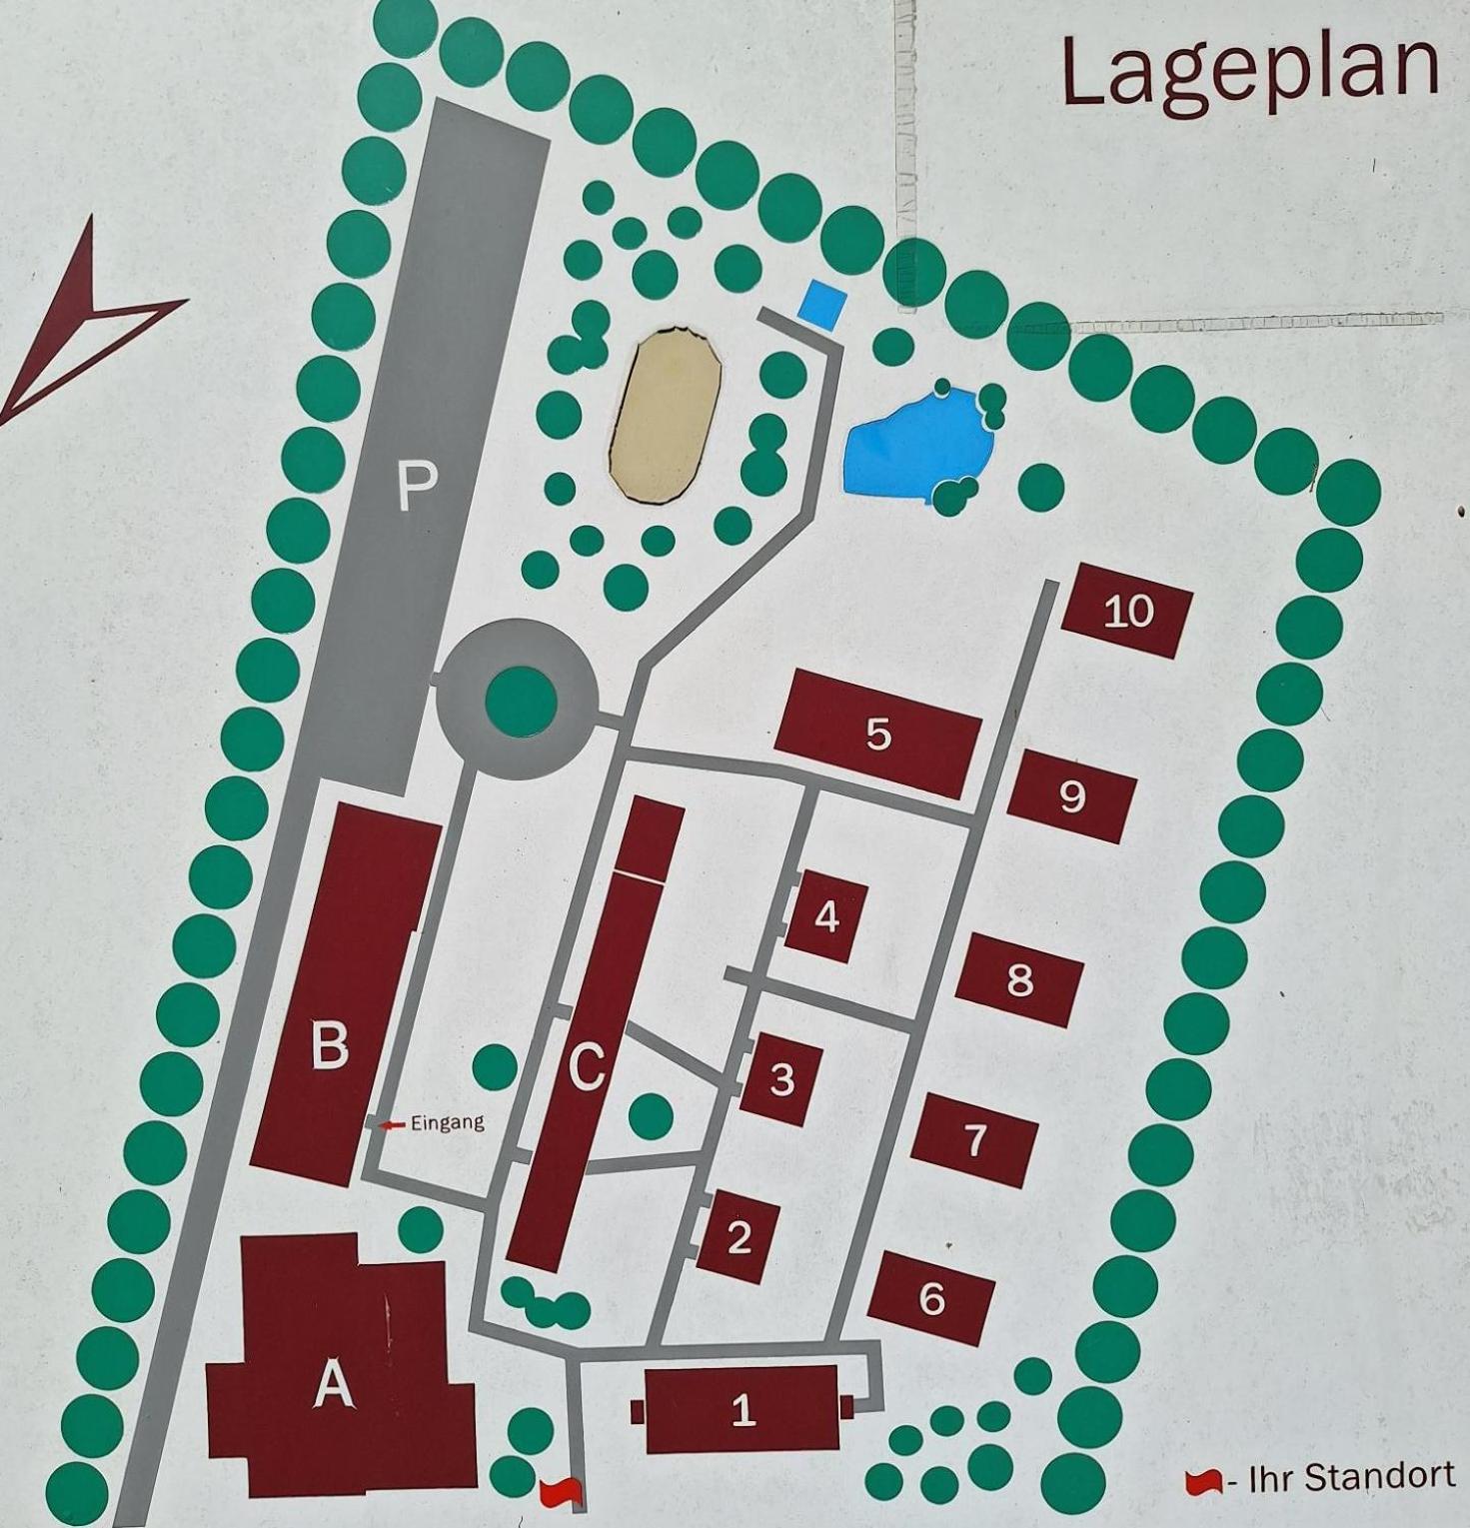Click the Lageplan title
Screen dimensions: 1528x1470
[1249, 72]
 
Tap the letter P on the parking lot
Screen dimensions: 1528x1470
[417, 487]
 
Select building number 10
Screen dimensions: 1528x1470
[1127, 611]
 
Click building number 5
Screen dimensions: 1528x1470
[877, 735]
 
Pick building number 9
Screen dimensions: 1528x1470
[1071, 796]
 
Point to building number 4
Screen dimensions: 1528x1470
[826, 916]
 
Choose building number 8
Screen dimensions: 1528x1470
[1019, 980]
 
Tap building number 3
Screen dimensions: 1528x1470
[781, 1079]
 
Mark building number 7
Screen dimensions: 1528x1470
[974, 1140]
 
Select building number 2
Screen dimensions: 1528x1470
[738, 1237]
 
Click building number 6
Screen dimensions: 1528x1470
[931, 1298]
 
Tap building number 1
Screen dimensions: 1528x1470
[742, 1409]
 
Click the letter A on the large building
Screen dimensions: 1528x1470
[334, 1386]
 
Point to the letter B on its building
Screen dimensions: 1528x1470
[330, 1044]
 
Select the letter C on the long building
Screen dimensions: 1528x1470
[587, 1066]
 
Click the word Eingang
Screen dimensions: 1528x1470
[447, 1123]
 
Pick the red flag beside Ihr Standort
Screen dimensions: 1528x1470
[1203, 1482]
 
